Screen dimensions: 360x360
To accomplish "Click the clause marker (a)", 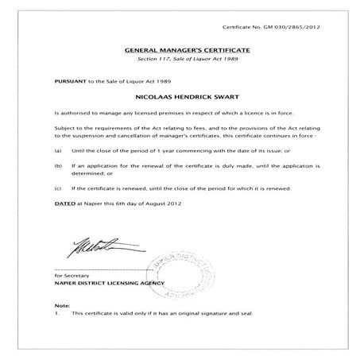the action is click(x=57, y=150).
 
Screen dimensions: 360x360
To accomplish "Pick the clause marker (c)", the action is click(x=57, y=188).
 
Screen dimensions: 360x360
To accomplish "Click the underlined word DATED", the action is click(x=63, y=202).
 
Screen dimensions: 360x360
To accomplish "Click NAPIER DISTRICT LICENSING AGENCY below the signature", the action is click(x=110, y=283).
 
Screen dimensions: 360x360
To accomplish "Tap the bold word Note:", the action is click(x=61, y=305).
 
